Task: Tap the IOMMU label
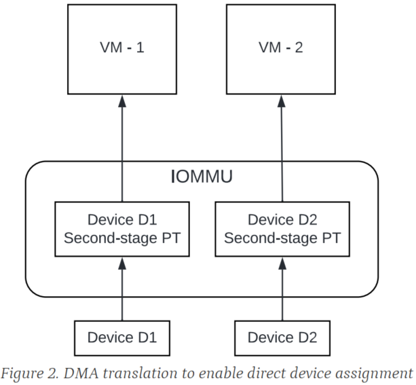(201, 178)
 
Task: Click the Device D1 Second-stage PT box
(122, 229)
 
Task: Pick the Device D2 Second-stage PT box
(282, 229)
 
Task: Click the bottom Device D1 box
(122, 337)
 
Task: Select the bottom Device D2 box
(282, 337)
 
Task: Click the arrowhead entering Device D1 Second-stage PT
(122, 262)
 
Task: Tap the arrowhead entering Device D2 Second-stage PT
(282, 262)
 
